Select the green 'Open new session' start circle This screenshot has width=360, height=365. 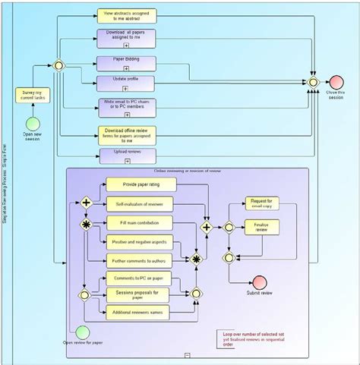33,124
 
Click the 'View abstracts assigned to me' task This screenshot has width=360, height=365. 126,15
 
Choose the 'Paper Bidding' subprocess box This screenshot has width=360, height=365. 126,62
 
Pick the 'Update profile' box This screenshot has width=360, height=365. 126,82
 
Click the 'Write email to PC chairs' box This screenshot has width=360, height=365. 126,105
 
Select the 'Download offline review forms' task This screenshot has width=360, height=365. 126,134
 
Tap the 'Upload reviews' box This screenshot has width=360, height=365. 126,156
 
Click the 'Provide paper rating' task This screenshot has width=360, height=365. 141,184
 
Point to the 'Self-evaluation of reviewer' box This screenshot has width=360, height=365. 141,203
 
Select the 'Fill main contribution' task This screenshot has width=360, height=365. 141,223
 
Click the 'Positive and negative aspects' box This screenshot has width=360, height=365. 141,242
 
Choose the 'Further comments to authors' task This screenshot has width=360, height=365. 141,261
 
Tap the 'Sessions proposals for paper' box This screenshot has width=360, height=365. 141,294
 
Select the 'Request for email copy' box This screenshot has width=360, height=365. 261,203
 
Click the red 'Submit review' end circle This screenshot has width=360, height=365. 260,282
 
